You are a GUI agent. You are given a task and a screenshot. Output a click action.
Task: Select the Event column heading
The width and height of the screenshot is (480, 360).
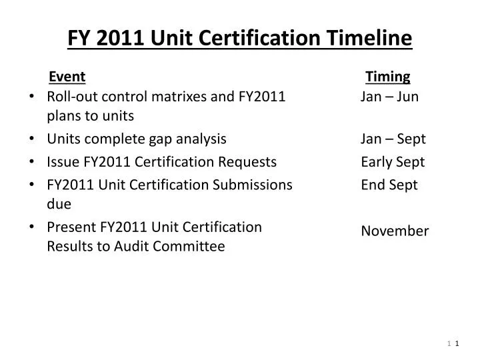pyautogui.click(x=67, y=77)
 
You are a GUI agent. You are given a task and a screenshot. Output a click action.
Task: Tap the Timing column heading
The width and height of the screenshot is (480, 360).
pyautogui.click(x=388, y=77)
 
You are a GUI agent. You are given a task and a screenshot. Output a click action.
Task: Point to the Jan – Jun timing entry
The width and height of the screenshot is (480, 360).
pyautogui.click(x=389, y=97)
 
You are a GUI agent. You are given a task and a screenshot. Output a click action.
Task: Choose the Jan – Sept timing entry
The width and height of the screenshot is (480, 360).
pyautogui.click(x=393, y=139)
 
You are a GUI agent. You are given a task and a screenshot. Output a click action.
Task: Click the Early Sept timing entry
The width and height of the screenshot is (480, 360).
pyautogui.click(x=393, y=161)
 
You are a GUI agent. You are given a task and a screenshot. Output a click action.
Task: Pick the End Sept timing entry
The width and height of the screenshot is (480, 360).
pyautogui.click(x=389, y=185)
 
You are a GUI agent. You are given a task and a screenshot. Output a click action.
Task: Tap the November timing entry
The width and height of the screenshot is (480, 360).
pyautogui.click(x=395, y=231)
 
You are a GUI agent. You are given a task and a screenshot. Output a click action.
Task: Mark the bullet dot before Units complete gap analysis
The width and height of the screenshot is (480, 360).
pyautogui.click(x=33, y=139)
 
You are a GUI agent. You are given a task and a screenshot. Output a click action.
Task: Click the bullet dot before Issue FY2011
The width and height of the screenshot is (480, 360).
pyautogui.click(x=33, y=162)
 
